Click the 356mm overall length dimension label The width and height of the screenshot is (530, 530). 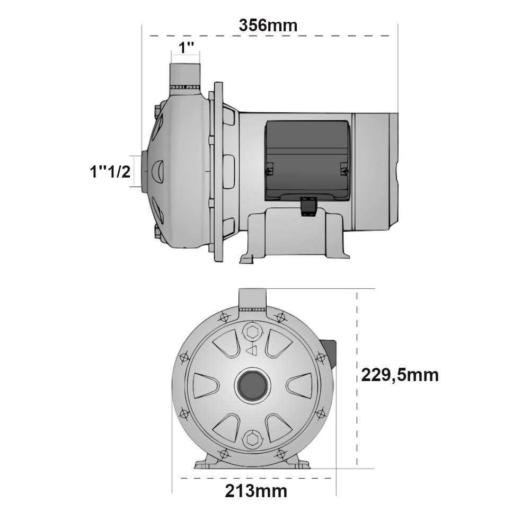[x=268, y=25]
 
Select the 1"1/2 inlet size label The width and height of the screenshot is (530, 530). [x=110, y=171]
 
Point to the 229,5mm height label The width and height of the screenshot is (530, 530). [x=400, y=375]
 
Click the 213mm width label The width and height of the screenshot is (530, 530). [x=256, y=491]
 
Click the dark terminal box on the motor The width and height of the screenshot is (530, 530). [x=307, y=159]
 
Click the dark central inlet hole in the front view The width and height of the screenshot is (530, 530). [x=252, y=384]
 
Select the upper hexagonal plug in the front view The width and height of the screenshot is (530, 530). [x=252, y=332]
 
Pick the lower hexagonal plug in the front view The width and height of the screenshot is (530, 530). [x=252, y=439]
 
